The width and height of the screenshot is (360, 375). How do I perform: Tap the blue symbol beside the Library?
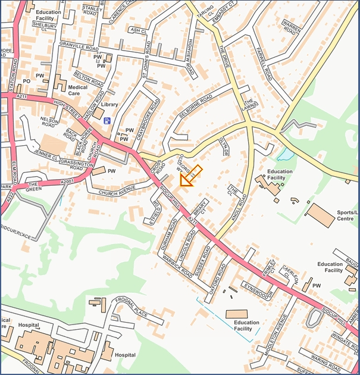(x=107, y=121)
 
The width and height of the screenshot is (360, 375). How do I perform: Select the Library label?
(x=109, y=105)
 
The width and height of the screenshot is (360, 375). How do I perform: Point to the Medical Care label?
(x=77, y=90)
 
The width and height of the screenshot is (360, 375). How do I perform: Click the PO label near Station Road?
(x=26, y=80)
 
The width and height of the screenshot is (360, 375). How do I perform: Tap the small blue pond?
(x=285, y=155)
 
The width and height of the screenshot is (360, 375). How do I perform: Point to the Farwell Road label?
(x=263, y=66)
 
